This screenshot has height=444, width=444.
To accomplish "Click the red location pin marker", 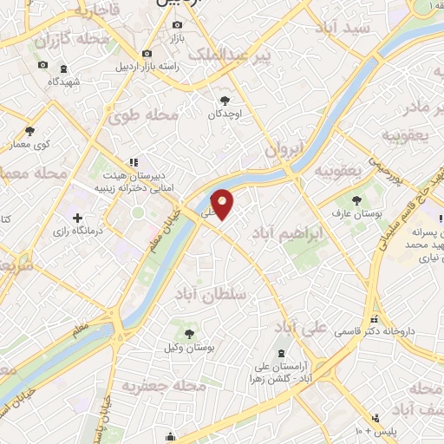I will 223,204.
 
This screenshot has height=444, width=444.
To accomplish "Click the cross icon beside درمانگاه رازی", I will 78,218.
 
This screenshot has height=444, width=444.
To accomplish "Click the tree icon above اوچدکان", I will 225,100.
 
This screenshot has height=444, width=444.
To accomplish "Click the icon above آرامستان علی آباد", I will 283,353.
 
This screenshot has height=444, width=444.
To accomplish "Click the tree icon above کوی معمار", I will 29,131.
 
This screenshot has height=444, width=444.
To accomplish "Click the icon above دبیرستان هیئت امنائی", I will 133,161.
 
